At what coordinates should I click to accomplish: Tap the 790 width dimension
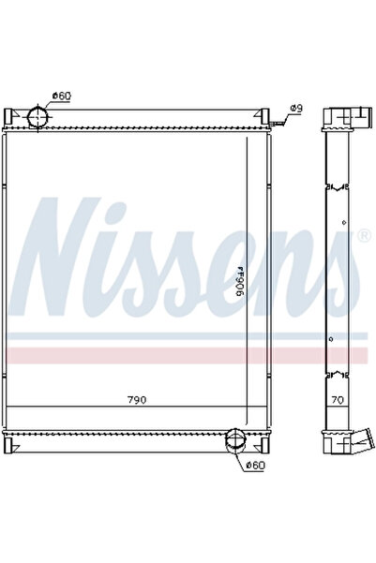[137, 399]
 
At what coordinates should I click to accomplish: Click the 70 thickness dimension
[337, 399]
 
